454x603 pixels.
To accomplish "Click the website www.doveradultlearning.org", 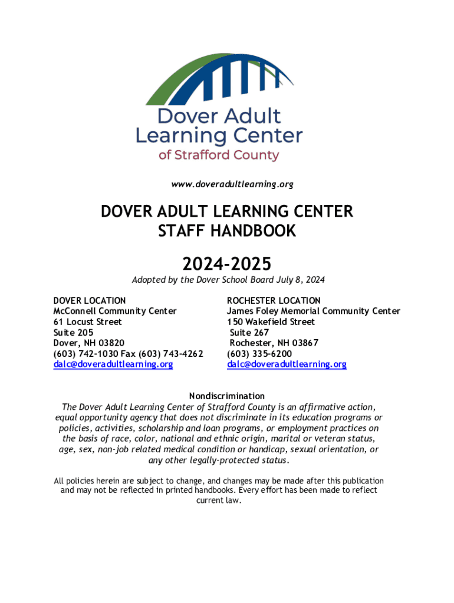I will tap(232, 184).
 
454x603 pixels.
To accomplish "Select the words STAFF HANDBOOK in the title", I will tap(226, 231).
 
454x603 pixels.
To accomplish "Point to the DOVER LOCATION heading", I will tap(89, 300).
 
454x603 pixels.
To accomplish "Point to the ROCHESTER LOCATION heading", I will tap(274, 300).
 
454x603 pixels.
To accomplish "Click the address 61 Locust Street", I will tap(88, 322).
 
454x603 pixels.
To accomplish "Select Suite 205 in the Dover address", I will tap(73, 332).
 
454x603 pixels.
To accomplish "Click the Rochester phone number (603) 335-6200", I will tap(259, 353).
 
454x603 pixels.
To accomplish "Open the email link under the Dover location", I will tap(113, 365).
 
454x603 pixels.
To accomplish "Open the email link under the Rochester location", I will tap(287, 365).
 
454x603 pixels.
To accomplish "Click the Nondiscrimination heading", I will tap(226, 396).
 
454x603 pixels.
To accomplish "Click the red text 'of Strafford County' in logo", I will tap(219, 155).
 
